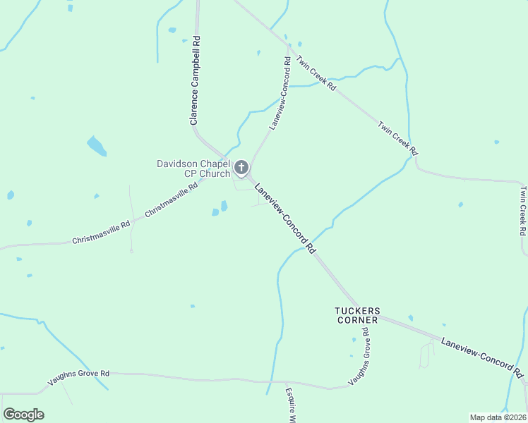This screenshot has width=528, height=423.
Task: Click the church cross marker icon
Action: click(x=241, y=167)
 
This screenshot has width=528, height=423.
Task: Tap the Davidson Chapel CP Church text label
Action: click(x=193, y=169)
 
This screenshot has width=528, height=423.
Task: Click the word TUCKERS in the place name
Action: click(x=357, y=310)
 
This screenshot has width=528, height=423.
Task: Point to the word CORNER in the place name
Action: click(x=357, y=320)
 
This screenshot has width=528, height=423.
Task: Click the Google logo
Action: click(x=24, y=415)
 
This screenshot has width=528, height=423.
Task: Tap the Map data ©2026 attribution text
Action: click(x=497, y=417)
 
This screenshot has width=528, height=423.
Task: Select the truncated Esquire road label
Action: click(x=289, y=405)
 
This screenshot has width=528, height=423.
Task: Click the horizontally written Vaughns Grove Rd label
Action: click(x=78, y=378)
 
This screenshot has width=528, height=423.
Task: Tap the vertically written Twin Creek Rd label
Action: click(x=522, y=210)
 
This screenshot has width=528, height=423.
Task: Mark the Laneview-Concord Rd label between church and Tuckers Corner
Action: click(x=284, y=218)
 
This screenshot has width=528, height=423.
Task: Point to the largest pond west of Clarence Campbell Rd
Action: click(x=96, y=146)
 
